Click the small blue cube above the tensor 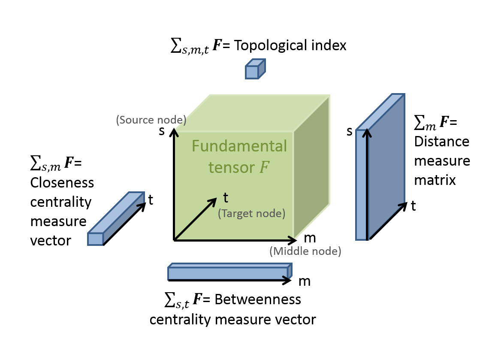coord(255,70)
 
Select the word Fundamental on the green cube coord(239,146)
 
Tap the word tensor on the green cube coord(232,168)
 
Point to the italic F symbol coord(264,168)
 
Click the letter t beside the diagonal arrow coord(226,198)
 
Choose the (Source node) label coord(151,120)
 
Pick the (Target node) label coord(251,213)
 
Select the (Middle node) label coord(305,251)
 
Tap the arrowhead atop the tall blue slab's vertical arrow coord(367,133)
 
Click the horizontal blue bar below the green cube coord(227,273)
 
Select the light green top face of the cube coord(253,113)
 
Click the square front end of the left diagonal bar coord(95,239)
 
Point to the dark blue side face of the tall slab coord(386,167)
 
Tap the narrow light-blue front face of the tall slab coord(361,185)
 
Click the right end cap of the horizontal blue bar coord(290,271)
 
